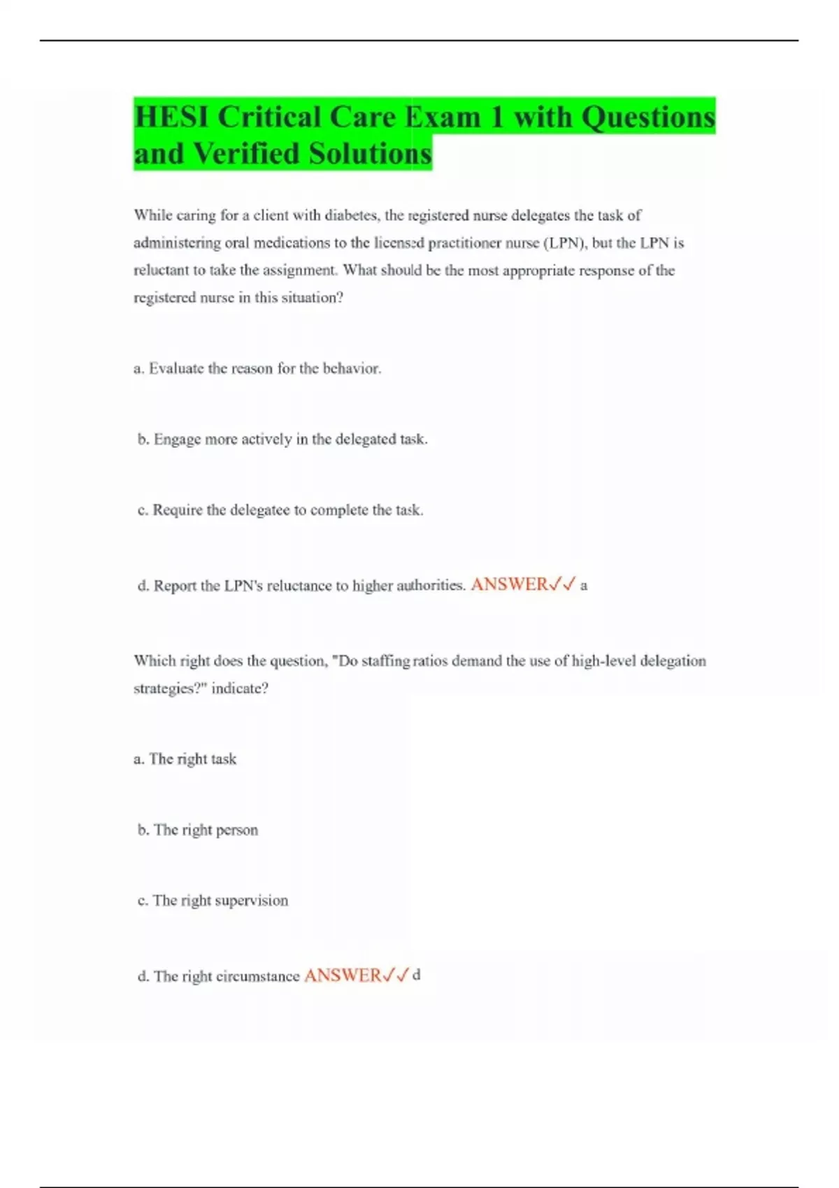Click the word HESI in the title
pos(172,117)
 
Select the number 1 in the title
pos(496,117)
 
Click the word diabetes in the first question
pos(351,215)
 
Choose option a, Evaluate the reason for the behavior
pos(257,368)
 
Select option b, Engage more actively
pos(282,440)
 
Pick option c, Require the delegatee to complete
pos(280,510)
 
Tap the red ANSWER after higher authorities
pos(509,584)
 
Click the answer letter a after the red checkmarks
pos(584,586)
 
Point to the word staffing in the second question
pos(386,661)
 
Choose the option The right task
pos(185,759)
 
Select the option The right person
pos(198,830)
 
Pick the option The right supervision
pos(213,901)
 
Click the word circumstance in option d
pos(258,976)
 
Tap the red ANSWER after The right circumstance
pos(343,976)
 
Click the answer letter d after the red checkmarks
pos(417,975)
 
